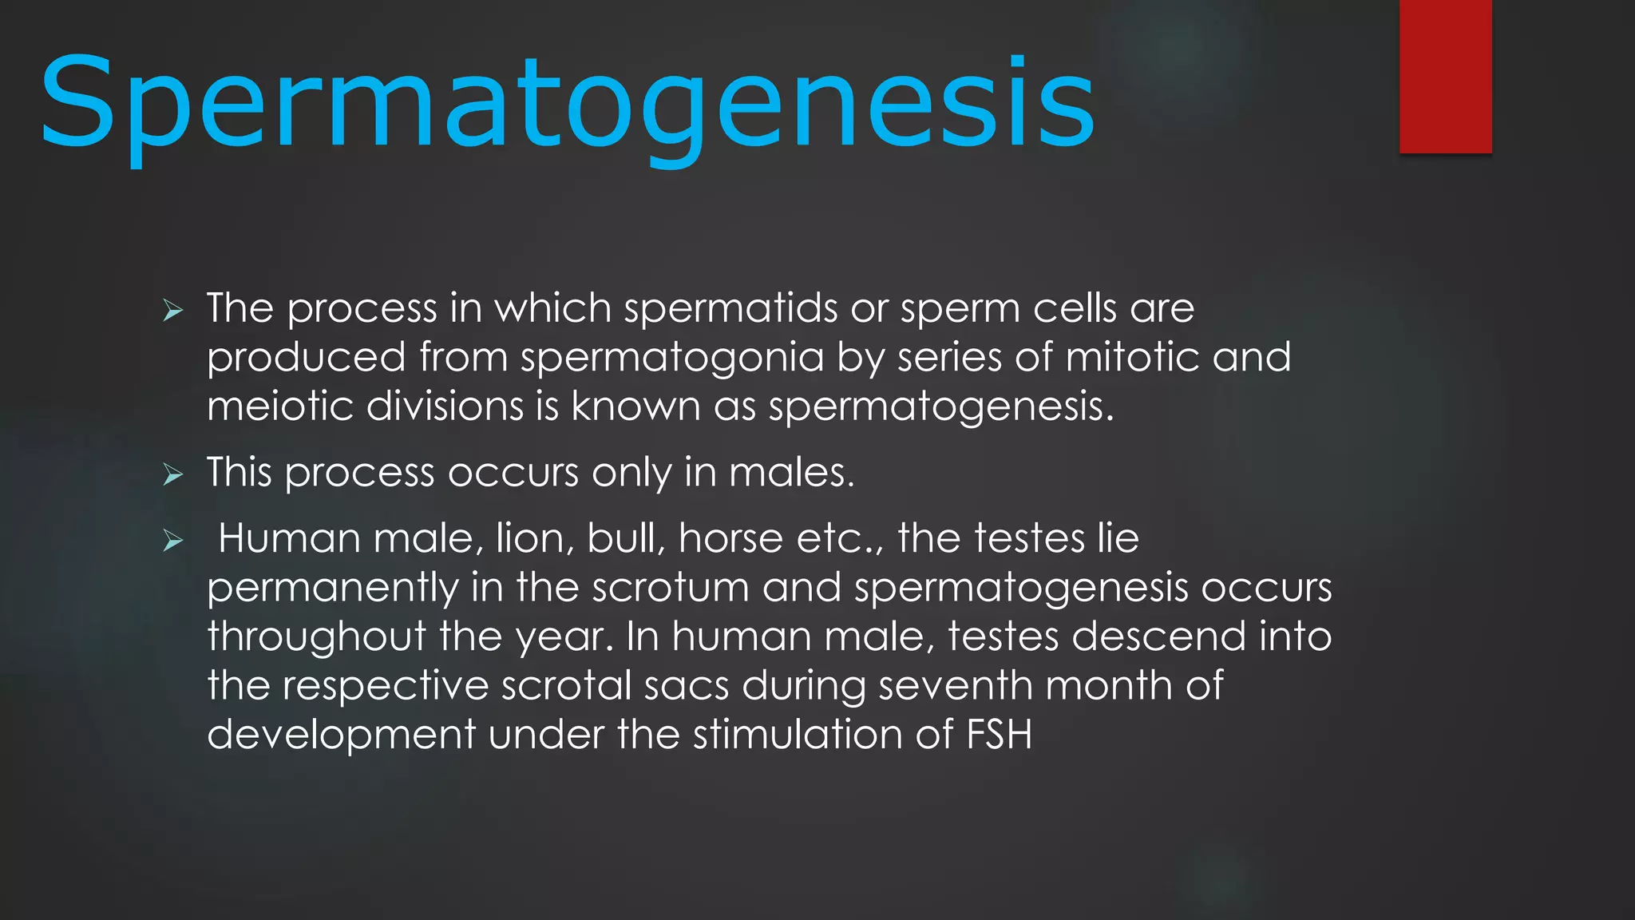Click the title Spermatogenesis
tap(567, 104)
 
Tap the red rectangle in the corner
tap(1445, 76)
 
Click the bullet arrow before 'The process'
tap(173, 311)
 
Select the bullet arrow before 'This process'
tap(173, 475)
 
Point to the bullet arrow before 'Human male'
tap(173, 541)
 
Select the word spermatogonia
tap(671, 358)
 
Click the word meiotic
tap(279, 406)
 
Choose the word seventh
tap(955, 686)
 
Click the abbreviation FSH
tap(999, 735)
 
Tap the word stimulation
tap(798, 735)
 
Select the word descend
tap(1158, 637)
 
